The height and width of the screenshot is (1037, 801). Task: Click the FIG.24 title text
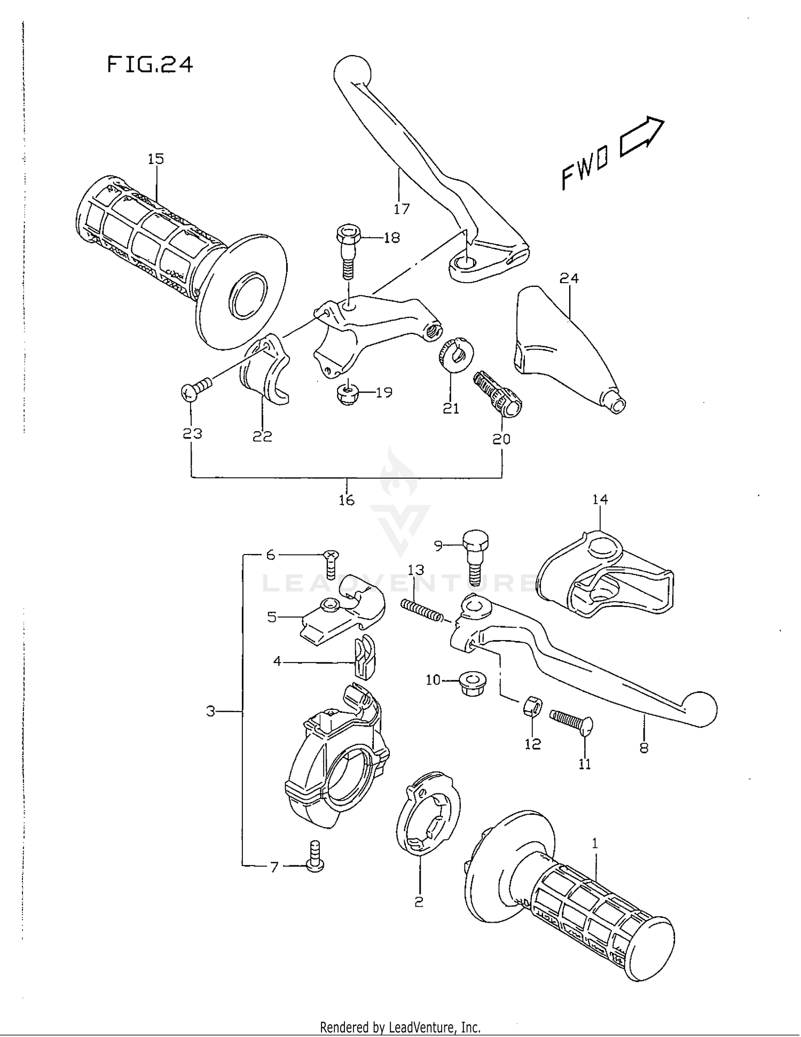[150, 65]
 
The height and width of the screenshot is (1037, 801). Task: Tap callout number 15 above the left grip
[156, 159]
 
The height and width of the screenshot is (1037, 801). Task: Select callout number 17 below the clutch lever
[402, 209]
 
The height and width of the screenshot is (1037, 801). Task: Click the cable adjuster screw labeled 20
[498, 394]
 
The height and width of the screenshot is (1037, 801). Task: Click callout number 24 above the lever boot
[569, 278]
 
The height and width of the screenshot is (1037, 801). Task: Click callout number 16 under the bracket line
[347, 500]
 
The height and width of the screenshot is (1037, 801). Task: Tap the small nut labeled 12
[532, 707]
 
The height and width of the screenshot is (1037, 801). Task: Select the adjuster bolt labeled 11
[571, 720]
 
